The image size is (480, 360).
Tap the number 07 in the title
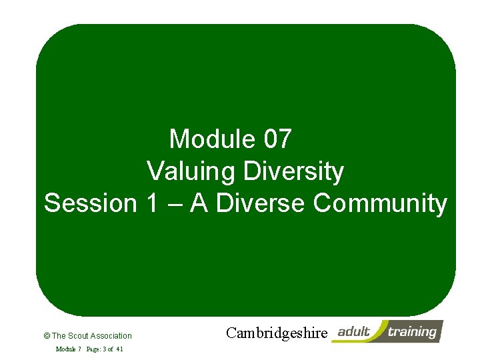click(x=277, y=139)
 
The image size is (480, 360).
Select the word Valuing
click(x=191, y=171)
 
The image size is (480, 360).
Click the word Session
click(x=90, y=203)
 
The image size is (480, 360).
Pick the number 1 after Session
click(x=150, y=203)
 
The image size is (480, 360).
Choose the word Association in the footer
click(x=111, y=336)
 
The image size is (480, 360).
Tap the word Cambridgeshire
click(x=277, y=333)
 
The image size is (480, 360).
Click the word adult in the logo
click(x=354, y=331)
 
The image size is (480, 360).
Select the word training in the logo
click(x=413, y=331)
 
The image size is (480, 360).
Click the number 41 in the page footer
click(x=119, y=349)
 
